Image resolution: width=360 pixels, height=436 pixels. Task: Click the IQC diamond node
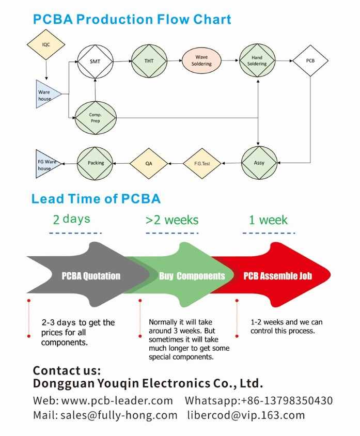point(46,44)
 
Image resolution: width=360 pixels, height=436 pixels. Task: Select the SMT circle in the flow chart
point(95,61)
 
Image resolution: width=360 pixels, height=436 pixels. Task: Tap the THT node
point(149,61)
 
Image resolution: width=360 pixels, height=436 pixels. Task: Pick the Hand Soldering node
point(257,61)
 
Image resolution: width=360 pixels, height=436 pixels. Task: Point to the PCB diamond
point(310,60)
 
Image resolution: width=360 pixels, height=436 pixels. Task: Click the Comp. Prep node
point(95,118)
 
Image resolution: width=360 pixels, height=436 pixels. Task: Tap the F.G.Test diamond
point(202,163)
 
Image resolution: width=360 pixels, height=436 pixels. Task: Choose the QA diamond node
point(149,163)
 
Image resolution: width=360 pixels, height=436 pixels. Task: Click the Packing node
point(96,163)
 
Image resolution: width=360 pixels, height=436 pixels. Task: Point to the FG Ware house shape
point(47,164)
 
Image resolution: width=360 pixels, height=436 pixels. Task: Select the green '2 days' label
point(71,219)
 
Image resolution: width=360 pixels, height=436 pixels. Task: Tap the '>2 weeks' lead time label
point(172,220)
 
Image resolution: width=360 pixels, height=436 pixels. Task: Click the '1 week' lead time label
point(268,220)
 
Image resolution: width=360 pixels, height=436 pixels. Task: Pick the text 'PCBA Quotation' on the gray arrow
point(91,275)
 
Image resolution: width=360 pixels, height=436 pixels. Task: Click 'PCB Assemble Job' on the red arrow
point(278,275)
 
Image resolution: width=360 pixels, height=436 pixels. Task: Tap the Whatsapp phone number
point(293,400)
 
